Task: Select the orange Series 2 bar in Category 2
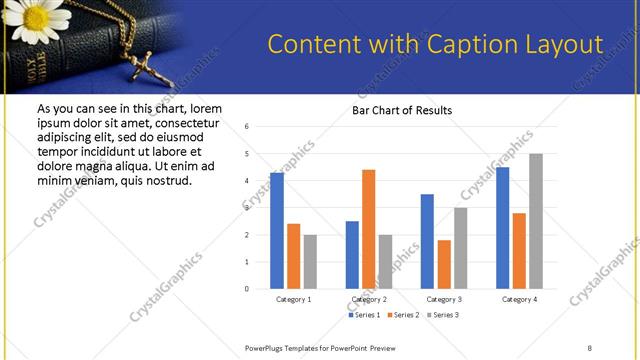(368, 229)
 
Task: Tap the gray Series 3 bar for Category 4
(536, 221)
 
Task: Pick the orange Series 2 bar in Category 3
(444, 264)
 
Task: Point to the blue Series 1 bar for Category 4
(502, 228)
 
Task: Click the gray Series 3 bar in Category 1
(311, 262)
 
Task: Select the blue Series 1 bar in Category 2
(352, 255)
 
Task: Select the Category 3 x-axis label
(443, 299)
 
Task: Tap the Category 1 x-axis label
(294, 299)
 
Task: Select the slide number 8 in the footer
(589, 347)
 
